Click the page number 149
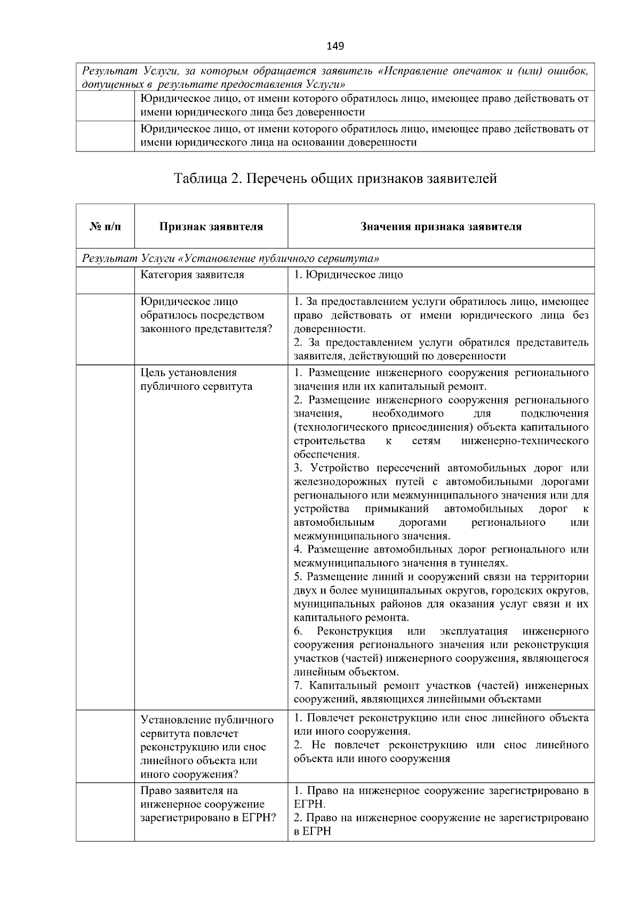335,46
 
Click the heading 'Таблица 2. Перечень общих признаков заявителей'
335,178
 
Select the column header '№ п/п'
105,227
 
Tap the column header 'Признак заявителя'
211,227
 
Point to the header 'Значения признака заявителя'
441,227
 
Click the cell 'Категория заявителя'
192,275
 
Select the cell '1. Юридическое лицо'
348,275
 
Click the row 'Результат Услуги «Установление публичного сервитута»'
230,259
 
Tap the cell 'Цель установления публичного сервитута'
196,379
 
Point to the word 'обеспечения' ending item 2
326,455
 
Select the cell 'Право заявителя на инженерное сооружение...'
207,804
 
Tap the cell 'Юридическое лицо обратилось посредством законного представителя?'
206,315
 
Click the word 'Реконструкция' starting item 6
354,631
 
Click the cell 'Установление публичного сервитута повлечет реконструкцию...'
207,747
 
